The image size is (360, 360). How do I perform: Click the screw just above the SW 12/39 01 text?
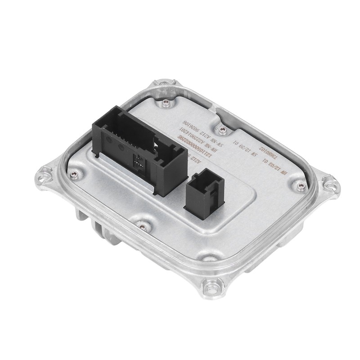click(221, 130)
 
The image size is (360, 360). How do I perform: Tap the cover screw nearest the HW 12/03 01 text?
click(297, 185)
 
